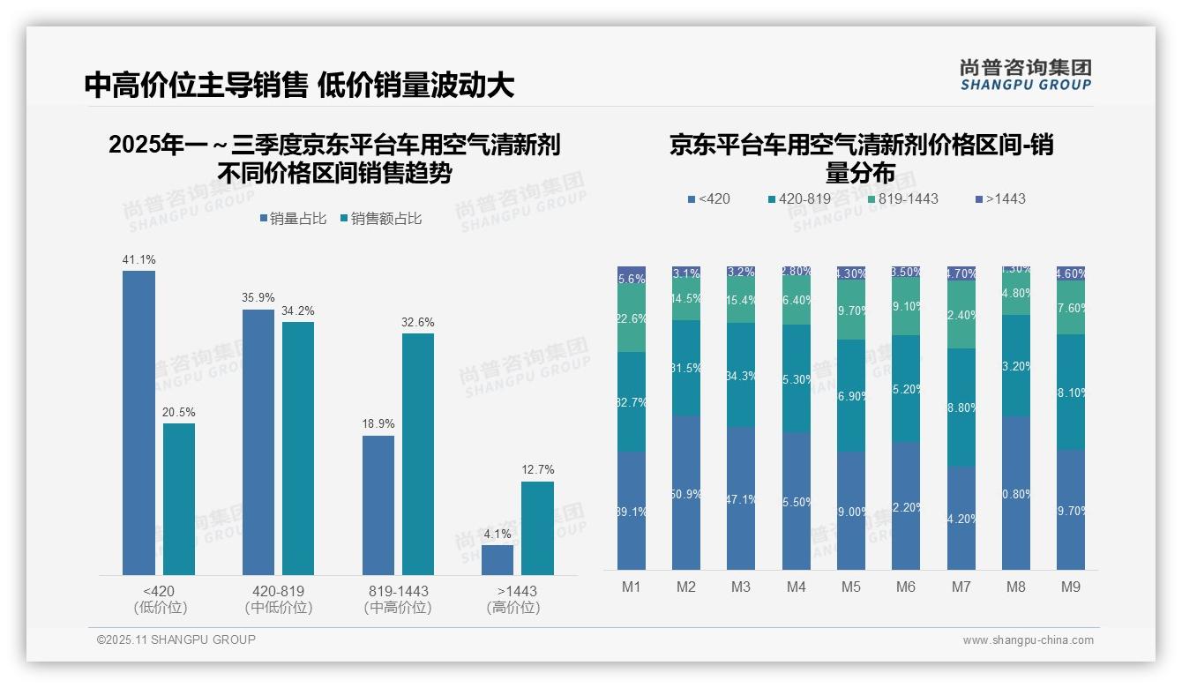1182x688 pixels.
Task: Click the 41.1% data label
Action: tap(138, 259)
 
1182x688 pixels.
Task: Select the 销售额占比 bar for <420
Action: tap(179, 499)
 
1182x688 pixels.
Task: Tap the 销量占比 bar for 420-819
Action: tap(258, 442)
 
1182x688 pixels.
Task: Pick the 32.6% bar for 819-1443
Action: tap(418, 453)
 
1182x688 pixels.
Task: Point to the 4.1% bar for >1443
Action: tap(497, 560)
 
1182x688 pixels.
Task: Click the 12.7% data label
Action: tap(538, 469)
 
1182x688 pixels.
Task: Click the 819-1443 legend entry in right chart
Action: tap(901, 198)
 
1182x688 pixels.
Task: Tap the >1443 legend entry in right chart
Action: tap(999, 198)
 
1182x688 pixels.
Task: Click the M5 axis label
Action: tap(850, 587)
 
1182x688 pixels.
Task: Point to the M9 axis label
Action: tap(1070, 587)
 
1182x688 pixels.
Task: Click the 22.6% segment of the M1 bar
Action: tap(632, 318)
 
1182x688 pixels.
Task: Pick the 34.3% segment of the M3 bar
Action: tap(741, 375)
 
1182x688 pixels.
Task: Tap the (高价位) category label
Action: tap(513, 608)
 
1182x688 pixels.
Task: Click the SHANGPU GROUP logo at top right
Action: tap(1025, 75)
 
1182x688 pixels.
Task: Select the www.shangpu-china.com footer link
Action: tap(1028, 640)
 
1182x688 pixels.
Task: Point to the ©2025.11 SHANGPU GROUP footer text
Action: tap(176, 639)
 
